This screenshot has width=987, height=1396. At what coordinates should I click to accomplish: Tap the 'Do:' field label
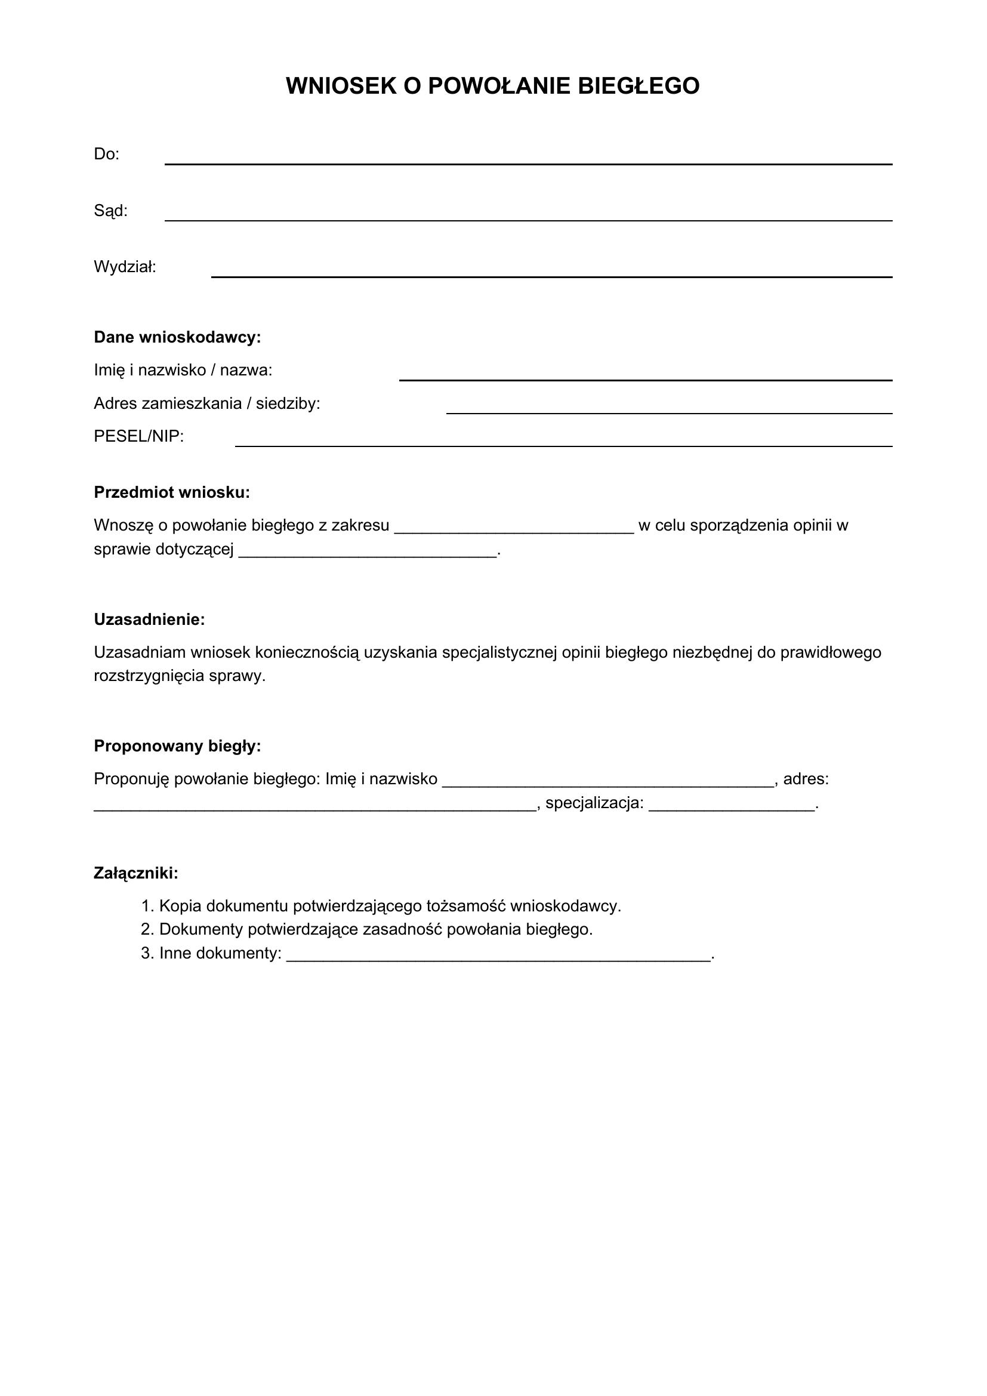click(x=106, y=155)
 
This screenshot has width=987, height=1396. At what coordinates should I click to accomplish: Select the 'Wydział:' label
click(x=125, y=267)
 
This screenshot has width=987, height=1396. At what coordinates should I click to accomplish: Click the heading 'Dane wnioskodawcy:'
click(x=177, y=337)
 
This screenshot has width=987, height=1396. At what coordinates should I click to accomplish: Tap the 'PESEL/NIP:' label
click(x=138, y=436)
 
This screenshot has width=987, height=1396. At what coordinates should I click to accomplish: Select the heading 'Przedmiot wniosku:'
click(x=171, y=492)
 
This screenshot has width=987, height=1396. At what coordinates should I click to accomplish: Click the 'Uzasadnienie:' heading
click(x=149, y=620)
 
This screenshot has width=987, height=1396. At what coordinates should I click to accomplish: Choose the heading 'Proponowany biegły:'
click(x=177, y=746)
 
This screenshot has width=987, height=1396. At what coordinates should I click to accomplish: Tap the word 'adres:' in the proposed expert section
click(x=806, y=779)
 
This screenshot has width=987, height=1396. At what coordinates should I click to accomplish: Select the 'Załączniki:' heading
click(x=136, y=874)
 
